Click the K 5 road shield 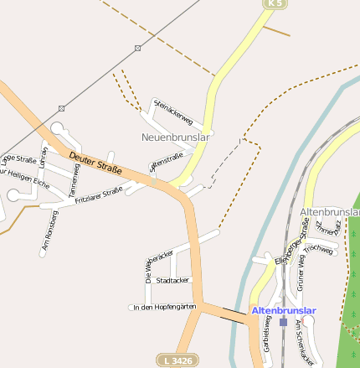(x=274, y=4)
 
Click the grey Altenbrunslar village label (x=329, y=211)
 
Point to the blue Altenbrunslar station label (x=284, y=310)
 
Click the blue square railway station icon (x=283, y=321)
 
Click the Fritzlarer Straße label (x=98, y=195)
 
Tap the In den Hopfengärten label (x=164, y=308)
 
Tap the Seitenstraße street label (x=165, y=161)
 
